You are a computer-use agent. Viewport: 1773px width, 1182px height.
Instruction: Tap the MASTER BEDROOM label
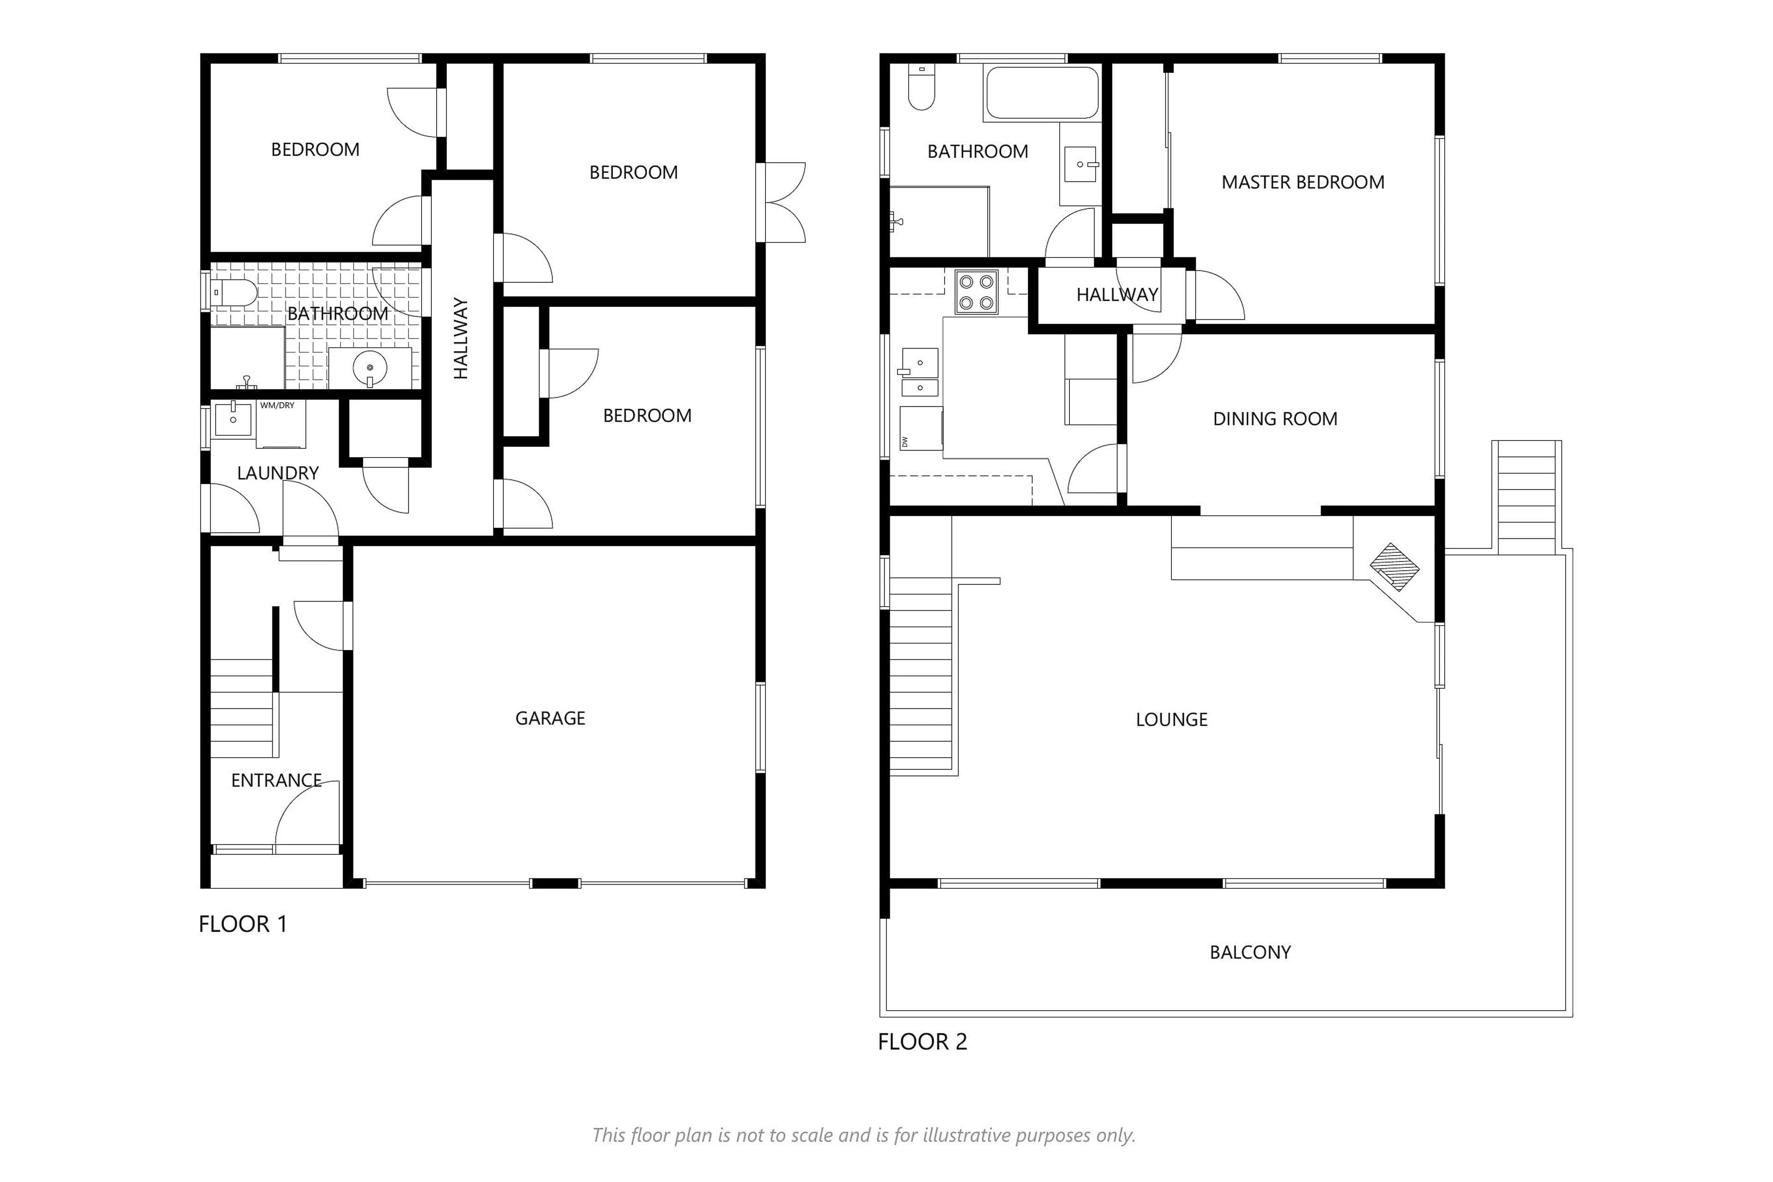[1303, 182]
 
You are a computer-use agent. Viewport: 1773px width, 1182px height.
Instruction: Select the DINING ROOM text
[1275, 419]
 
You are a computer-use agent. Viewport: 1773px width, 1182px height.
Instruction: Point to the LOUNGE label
[1171, 720]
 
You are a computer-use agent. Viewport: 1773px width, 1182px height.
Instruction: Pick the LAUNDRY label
[277, 473]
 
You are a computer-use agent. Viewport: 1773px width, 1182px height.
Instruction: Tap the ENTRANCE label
[276, 781]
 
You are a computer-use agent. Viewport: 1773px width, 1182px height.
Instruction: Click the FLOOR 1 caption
[243, 924]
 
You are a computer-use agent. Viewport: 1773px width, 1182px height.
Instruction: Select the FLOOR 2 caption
[922, 1042]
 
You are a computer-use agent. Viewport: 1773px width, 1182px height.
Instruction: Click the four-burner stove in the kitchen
[976, 292]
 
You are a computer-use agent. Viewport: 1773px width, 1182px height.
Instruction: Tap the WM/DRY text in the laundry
[277, 405]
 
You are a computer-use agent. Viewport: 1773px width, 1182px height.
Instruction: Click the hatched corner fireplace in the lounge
[1394, 566]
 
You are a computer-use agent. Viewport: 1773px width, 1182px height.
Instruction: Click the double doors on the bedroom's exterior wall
[784, 203]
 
